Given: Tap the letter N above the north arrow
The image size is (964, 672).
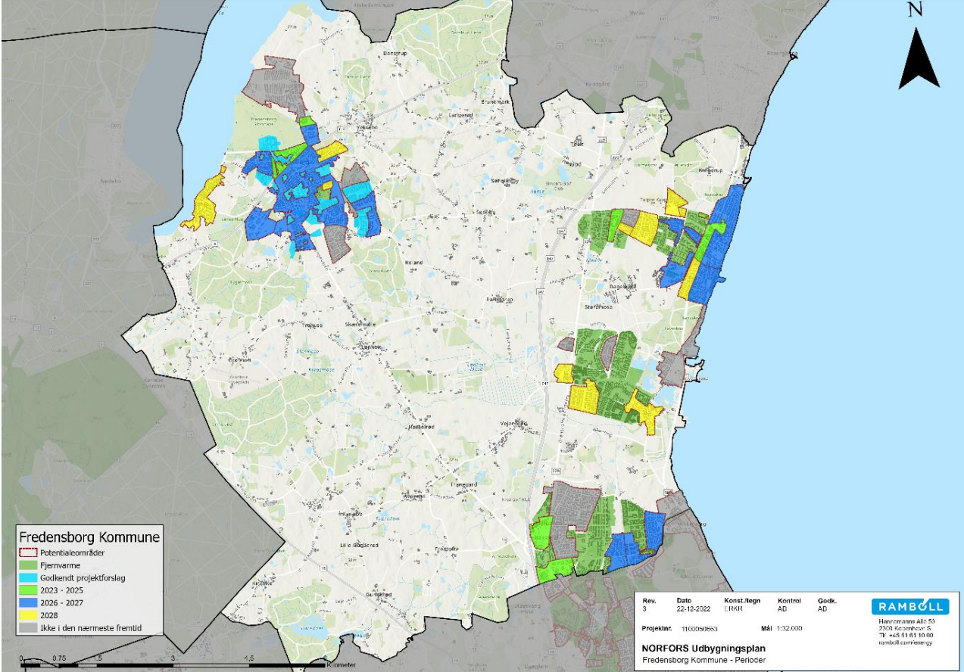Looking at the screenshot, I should click(x=915, y=10).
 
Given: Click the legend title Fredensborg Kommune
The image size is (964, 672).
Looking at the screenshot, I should click(x=89, y=537).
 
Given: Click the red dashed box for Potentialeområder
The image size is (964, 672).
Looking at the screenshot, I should click(x=27, y=553).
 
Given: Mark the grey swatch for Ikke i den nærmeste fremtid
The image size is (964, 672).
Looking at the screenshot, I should click(x=27, y=629).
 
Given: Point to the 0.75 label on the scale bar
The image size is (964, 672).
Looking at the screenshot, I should click(x=60, y=658).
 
